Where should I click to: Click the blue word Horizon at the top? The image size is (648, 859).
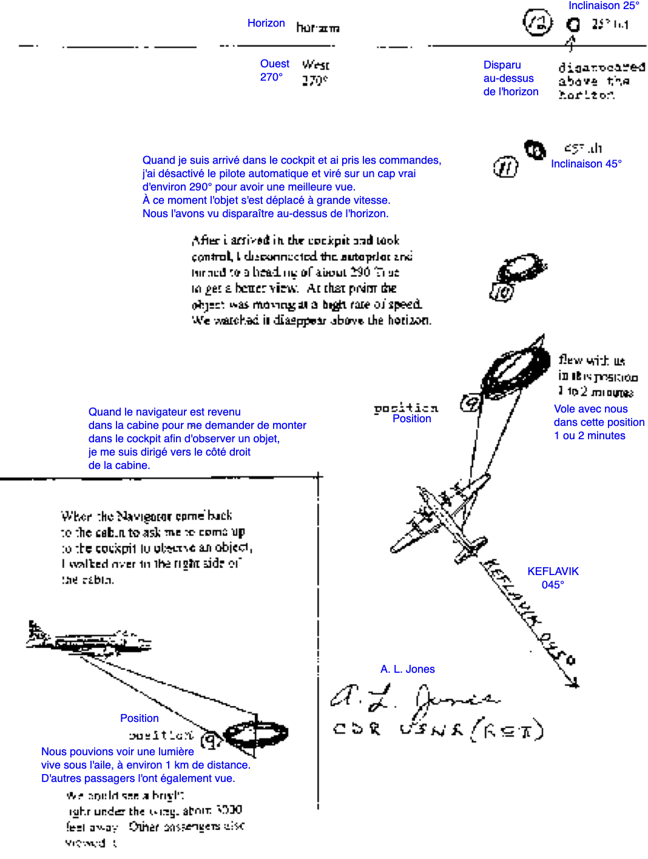pyautogui.click(x=266, y=23)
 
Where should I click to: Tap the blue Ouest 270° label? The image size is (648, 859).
pyautogui.click(x=274, y=70)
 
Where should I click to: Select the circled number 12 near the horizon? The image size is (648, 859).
pyautogui.click(x=538, y=23)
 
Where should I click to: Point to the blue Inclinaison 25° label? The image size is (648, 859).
pyautogui.click(x=604, y=6)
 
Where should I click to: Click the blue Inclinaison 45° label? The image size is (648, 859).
pyautogui.click(x=586, y=164)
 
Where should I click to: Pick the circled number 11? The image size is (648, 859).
pyautogui.click(x=505, y=167)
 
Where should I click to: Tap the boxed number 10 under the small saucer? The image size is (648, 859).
pyautogui.click(x=502, y=292)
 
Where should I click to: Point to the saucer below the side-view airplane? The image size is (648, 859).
pyautogui.click(x=256, y=734)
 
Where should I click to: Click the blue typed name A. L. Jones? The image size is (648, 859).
pyautogui.click(x=407, y=669)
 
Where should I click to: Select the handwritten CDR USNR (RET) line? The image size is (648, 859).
pyautogui.click(x=437, y=729)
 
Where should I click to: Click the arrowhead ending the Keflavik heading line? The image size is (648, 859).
pyautogui.click(x=572, y=683)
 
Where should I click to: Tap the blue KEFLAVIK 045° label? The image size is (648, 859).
pyautogui.click(x=553, y=578)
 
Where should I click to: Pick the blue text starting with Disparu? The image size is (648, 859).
pyautogui.click(x=510, y=78)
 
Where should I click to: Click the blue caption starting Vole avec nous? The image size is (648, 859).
pyautogui.click(x=598, y=422)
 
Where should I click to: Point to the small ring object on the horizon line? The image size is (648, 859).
pyautogui.click(x=573, y=25)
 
